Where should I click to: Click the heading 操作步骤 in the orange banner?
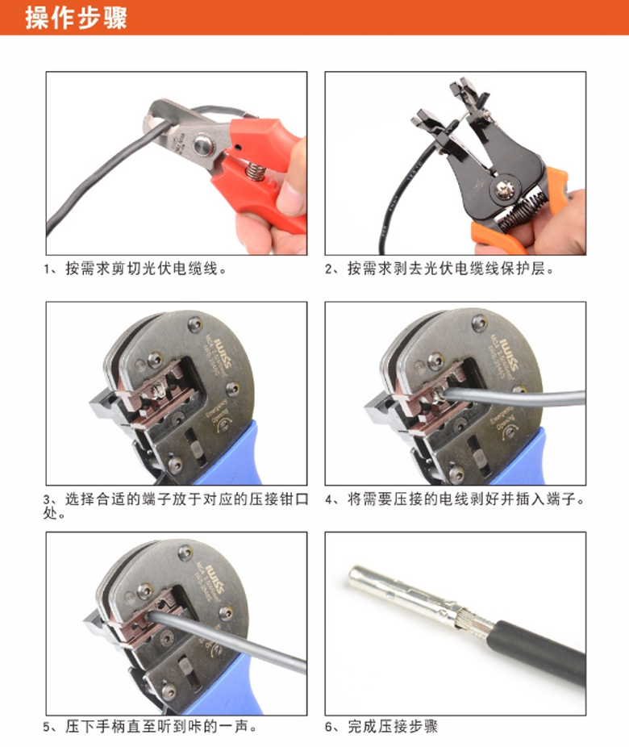tap(76, 18)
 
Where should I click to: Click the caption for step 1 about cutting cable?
tap(135, 269)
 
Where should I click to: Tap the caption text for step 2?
tap(440, 269)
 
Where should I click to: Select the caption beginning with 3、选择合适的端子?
tap(176, 506)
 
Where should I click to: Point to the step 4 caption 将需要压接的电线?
tap(455, 499)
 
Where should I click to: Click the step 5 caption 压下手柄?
tap(150, 727)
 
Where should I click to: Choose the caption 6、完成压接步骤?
tap(381, 727)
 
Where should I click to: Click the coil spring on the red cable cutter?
tap(255, 170)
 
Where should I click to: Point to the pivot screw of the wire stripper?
tap(502, 189)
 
